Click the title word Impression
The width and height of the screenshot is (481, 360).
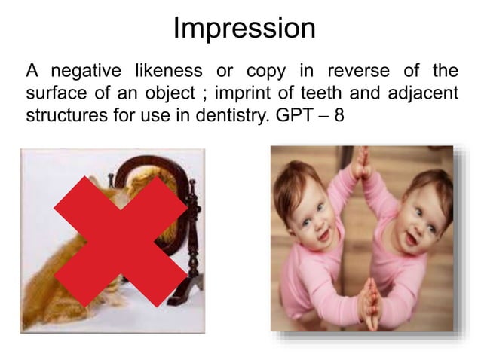tap(244, 29)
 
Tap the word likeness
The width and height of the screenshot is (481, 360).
tap(167, 72)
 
